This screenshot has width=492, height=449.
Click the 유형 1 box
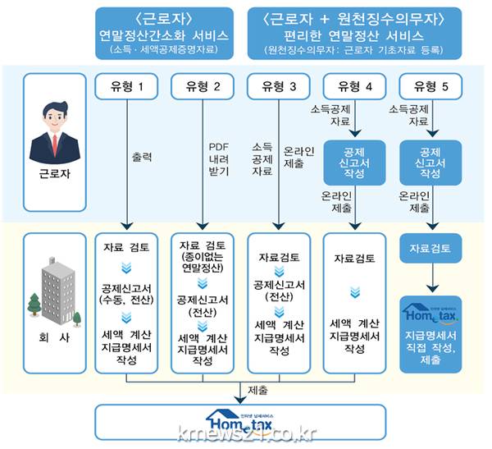[x=127, y=86]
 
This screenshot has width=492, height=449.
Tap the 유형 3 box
[x=279, y=86]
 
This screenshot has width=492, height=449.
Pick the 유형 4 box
[x=355, y=86]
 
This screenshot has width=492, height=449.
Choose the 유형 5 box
[x=431, y=86]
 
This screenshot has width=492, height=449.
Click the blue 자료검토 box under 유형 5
[x=431, y=246]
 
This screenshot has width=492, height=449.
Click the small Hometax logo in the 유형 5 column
[x=431, y=313]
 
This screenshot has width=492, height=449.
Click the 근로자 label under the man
[x=55, y=175]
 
